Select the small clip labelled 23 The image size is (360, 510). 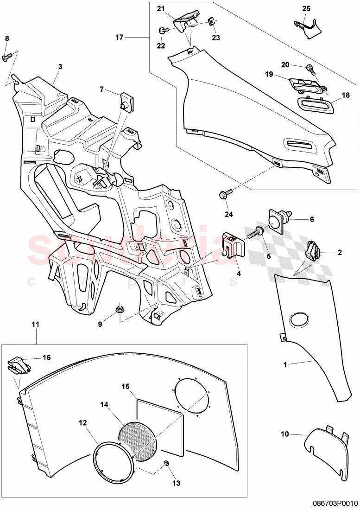coord(211,22)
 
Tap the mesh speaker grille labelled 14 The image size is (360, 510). coord(138,438)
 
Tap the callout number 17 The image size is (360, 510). coord(120,37)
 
